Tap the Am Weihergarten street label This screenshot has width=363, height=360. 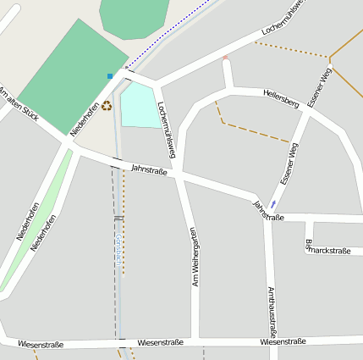(194, 257)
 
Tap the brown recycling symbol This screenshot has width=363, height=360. (107, 106)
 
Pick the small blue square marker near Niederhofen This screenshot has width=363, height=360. (109, 76)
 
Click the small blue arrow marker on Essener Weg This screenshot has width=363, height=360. (273, 204)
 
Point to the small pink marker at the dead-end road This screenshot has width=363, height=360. (225, 58)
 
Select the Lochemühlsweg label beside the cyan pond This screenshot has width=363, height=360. (167, 129)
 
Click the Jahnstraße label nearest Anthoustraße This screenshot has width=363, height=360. (267, 211)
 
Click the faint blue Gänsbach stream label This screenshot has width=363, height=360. (118, 254)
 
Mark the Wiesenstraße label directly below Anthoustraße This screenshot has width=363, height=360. (283, 342)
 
